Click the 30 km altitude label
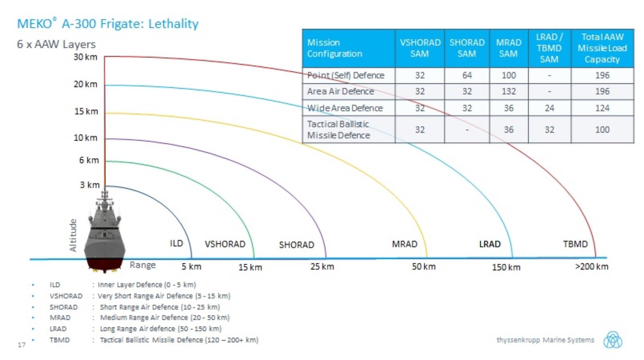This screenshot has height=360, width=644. pos(85,57)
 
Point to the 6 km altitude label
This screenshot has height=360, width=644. pos(89,160)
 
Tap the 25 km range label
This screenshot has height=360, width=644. pos(322,267)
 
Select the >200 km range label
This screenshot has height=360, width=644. pos(591,267)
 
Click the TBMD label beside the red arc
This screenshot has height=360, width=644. pos(575,244)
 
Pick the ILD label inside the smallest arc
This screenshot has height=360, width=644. pos(176,243)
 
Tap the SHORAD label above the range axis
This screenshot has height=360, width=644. pos(296,245)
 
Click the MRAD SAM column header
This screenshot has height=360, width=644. pos(508,48)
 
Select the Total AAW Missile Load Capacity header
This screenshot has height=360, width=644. pos(602,48)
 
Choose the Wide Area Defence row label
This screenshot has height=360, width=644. pos(345,108)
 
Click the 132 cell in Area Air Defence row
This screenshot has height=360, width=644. pos(508,91)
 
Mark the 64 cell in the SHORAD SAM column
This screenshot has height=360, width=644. pos(467,75)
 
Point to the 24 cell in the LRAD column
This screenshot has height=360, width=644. pos(549,108)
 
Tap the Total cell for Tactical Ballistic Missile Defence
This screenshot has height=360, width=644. pos(602,130)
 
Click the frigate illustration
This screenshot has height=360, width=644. pos(105,234)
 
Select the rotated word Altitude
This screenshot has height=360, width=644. pos(73,236)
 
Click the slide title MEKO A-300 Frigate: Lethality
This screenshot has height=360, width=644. pos(108,24)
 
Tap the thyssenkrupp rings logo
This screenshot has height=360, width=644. pos(612,340)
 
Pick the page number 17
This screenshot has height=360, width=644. pos(22,345)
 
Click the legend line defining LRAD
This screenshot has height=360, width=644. pos(135,329)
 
